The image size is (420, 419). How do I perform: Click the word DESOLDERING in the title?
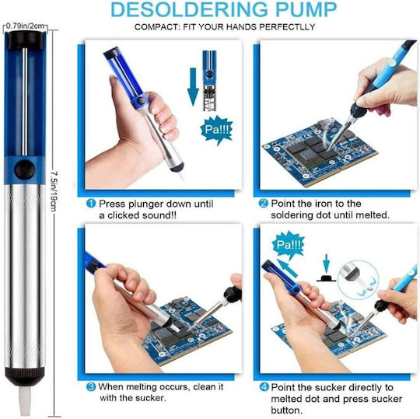(190, 9)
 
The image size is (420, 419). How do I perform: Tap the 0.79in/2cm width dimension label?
(25, 26)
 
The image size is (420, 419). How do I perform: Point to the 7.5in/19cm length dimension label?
(54, 191)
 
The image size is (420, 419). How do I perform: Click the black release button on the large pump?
(24, 170)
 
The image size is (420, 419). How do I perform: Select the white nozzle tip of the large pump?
(25, 400)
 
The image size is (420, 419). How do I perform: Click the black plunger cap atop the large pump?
(25, 40)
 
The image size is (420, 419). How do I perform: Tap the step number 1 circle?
(91, 204)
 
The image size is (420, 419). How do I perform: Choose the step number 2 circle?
(264, 204)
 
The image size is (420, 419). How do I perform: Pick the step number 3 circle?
(91, 387)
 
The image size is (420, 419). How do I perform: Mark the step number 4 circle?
(264, 387)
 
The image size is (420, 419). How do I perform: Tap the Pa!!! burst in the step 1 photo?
(216, 130)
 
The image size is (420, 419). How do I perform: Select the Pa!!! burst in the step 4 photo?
(289, 245)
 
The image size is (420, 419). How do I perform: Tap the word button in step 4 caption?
(286, 410)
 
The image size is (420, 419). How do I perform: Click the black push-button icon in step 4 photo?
(326, 278)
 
